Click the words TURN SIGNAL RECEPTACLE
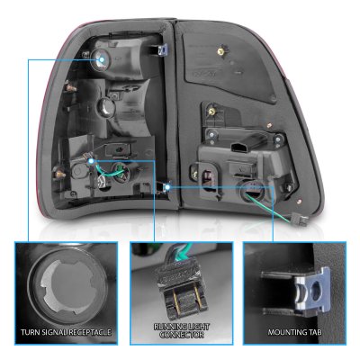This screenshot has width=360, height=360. pos(66,332)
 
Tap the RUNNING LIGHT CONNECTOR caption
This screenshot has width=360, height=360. pos(182,330)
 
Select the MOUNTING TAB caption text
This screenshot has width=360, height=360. pos(294,332)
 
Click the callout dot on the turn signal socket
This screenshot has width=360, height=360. pos(102,59)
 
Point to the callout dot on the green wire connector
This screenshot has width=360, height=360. pos(91,161)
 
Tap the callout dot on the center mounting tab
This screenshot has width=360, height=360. pos(167,187)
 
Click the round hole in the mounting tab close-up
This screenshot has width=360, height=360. pos(316,291)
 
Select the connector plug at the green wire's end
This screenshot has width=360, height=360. pos(298,219)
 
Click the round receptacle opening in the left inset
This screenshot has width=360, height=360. pos(67,287)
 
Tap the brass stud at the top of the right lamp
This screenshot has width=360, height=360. pos(221,52)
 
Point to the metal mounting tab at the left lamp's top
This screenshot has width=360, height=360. pos(160,49)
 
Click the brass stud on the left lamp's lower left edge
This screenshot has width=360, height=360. pos(59,174)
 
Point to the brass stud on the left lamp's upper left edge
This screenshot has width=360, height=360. pos(71,88)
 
